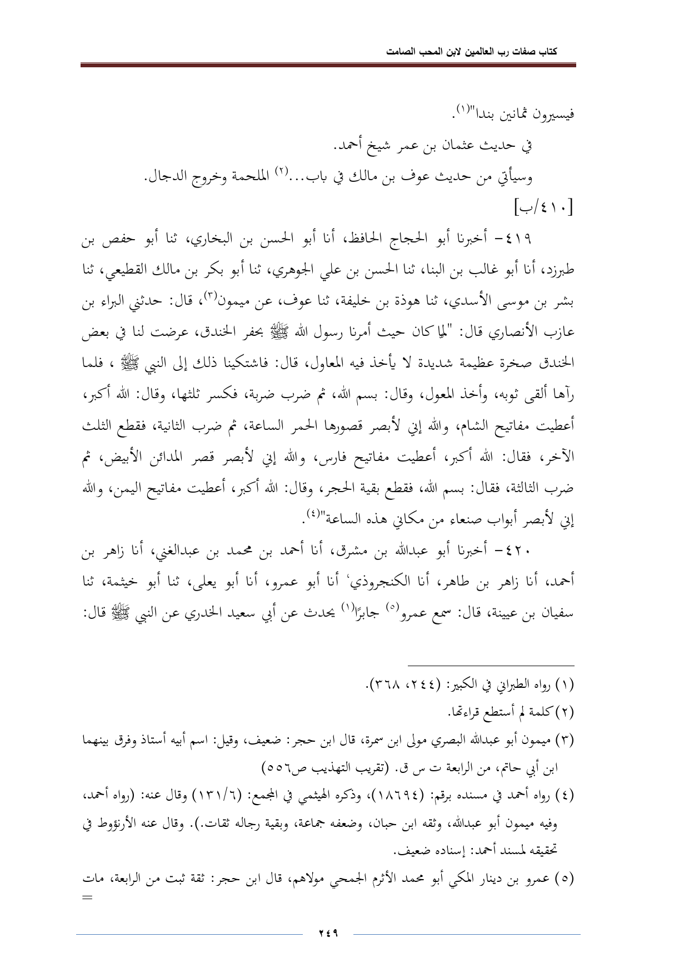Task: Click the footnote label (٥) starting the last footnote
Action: click(x=564, y=879)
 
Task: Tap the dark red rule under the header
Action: click(x=328, y=66)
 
